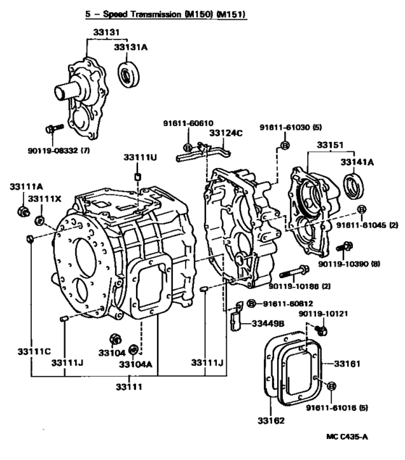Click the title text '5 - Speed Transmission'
(x=133, y=14)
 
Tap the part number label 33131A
(x=131, y=48)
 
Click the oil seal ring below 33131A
(x=128, y=74)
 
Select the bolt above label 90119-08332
(x=54, y=128)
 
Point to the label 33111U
(x=140, y=157)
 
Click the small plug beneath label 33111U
(x=137, y=177)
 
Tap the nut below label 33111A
(x=23, y=212)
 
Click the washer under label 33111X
(x=39, y=221)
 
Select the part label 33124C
(x=226, y=133)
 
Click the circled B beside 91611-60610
(x=187, y=147)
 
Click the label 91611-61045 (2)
(x=367, y=225)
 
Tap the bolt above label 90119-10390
(x=344, y=246)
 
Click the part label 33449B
(x=268, y=324)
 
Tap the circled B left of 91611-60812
(x=251, y=304)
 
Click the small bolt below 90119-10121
(x=321, y=330)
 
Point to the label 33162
(x=271, y=421)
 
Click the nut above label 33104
(x=116, y=340)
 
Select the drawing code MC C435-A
(x=347, y=437)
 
